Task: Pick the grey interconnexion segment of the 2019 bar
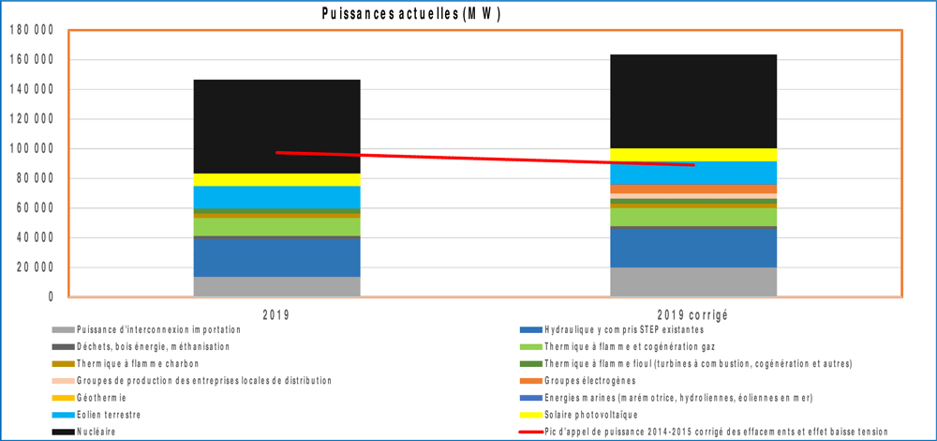click(276, 286)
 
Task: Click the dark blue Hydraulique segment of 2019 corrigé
click(692, 248)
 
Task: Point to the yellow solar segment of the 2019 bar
click(276, 179)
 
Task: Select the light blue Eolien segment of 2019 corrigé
click(692, 173)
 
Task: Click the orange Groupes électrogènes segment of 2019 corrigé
click(692, 189)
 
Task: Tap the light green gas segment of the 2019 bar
click(276, 226)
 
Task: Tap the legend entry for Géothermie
click(97, 397)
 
